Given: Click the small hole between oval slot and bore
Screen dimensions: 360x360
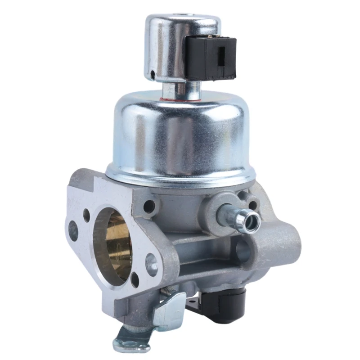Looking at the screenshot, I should [86, 216].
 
